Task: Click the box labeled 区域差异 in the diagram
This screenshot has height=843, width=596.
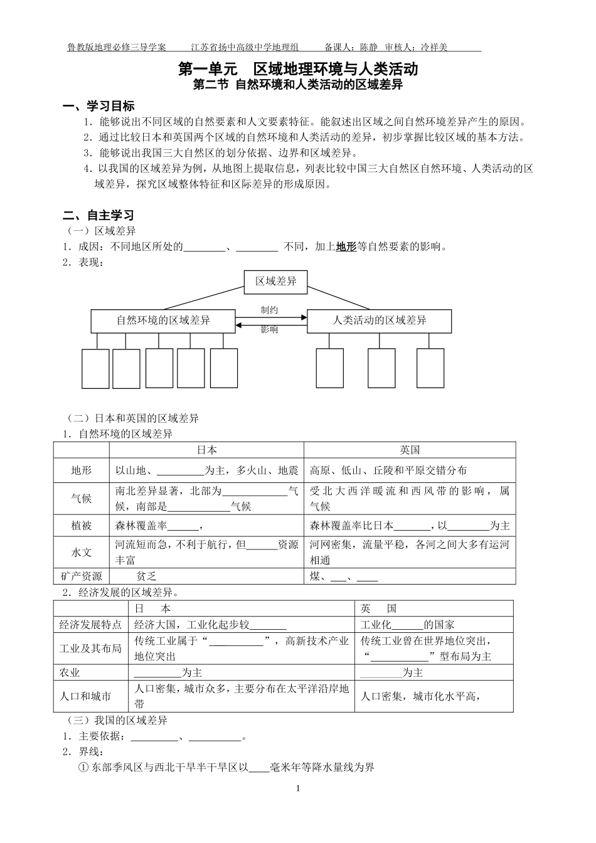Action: [276, 282]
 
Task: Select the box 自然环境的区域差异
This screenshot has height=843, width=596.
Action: [163, 321]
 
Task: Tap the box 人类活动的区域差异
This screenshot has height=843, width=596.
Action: [380, 321]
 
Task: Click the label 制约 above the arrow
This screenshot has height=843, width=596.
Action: [270, 310]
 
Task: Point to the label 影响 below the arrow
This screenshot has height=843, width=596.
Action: [270, 330]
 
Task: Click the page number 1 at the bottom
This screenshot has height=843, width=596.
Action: [298, 788]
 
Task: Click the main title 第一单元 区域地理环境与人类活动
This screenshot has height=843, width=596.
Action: [298, 68]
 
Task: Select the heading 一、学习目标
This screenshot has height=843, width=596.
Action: [99, 106]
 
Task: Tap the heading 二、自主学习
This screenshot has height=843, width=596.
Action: [99, 216]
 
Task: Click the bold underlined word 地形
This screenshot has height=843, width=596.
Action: [346, 247]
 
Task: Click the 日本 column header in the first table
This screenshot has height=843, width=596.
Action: [207, 450]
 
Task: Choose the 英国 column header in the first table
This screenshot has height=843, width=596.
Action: [410, 450]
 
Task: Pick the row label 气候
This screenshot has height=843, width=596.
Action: [82, 498]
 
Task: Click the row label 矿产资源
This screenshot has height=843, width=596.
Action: [82, 576]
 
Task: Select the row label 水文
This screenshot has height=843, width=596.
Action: [82, 552]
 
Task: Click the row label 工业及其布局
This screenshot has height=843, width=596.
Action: [90, 649]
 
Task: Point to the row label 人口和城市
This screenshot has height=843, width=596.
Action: [85, 696]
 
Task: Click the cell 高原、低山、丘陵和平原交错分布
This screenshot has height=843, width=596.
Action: [388, 470]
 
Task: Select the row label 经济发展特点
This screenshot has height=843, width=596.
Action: [90, 624]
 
